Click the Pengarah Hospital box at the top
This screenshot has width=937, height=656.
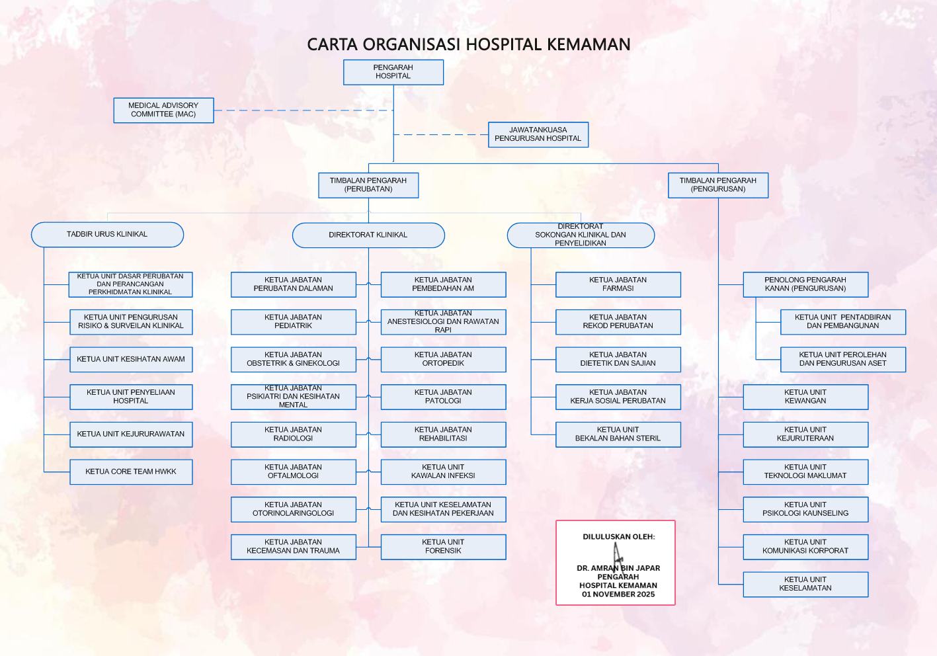click(x=393, y=72)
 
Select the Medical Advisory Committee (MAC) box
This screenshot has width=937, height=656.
click(x=163, y=110)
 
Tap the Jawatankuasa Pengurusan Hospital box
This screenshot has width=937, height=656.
click(x=538, y=134)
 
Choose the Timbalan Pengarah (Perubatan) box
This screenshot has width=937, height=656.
click(x=368, y=185)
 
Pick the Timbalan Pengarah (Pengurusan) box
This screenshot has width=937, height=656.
click(x=718, y=185)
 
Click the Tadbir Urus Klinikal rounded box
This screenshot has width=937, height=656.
click(x=108, y=234)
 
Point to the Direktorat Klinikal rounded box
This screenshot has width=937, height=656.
click(x=368, y=235)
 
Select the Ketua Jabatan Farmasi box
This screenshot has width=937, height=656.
click(x=618, y=284)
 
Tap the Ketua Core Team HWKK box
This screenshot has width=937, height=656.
click(x=131, y=472)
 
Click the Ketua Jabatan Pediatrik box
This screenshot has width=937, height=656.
click(x=293, y=322)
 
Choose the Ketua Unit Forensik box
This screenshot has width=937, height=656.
click(x=443, y=547)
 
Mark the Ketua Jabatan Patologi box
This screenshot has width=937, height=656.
click(x=443, y=397)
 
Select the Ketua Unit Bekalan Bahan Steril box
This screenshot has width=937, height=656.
click(x=618, y=434)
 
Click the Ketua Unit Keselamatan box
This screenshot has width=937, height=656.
click(x=805, y=584)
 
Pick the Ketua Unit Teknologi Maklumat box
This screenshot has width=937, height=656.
click(x=805, y=472)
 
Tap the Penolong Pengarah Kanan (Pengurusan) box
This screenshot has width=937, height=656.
click(x=805, y=284)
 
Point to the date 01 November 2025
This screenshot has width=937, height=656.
click(x=618, y=594)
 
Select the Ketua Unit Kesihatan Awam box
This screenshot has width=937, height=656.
click(x=131, y=359)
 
